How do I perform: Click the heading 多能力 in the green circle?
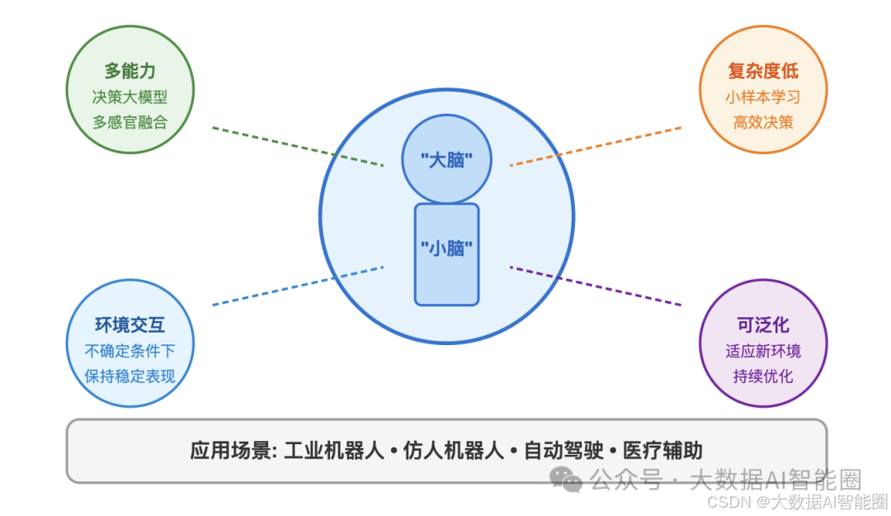click(x=130, y=71)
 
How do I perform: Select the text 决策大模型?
click(x=130, y=97)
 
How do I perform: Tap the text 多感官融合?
click(x=130, y=122)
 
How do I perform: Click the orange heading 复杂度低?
click(x=763, y=71)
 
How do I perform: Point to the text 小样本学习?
click(x=763, y=97)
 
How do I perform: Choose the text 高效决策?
click(x=763, y=122)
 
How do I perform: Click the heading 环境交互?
click(x=130, y=325)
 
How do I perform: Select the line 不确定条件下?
click(x=130, y=350)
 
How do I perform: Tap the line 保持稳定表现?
click(x=130, y=376)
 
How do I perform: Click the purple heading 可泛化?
click(x=763, y=325)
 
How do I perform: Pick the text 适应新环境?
click(x=763, y=351)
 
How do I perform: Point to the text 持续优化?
click(x=763, y=376)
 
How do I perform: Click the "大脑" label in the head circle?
click(x=446, y=160)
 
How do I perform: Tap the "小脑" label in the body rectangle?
click(x=446, y=247)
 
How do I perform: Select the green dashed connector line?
click(x=297, y=147)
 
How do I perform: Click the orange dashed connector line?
click(x=596, y=146)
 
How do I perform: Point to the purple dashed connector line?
click(x=596, y=286)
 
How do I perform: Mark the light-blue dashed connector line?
click(x=297, y=286)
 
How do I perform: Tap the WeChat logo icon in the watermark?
click(x=567, y=479)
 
